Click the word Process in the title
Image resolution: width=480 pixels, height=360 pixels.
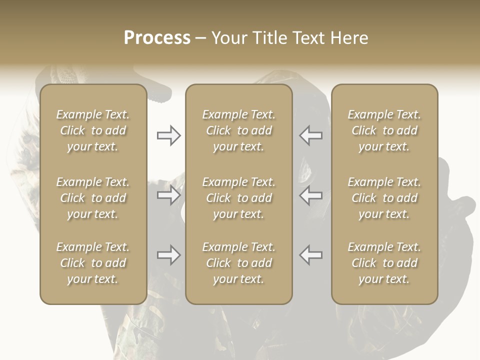157,38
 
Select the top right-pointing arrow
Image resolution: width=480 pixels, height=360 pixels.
169,135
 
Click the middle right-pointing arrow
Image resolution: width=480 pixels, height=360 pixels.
169,195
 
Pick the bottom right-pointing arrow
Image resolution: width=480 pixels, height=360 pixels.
169,255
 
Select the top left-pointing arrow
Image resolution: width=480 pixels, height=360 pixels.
311,135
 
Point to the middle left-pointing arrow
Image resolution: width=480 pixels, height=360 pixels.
311,195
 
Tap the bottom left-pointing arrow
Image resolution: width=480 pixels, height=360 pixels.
311,255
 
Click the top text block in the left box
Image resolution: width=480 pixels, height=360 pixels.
93,130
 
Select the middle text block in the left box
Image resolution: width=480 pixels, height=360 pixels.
93,198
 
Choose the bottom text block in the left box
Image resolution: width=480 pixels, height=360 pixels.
93,263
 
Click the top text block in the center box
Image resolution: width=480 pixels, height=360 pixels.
239,130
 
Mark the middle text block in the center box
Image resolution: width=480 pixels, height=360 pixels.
239,198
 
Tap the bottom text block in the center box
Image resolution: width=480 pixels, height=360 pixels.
239,263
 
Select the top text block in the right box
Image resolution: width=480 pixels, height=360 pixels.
384,130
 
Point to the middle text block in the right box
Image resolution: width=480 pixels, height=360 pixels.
384,198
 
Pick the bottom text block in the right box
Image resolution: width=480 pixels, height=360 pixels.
384,263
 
